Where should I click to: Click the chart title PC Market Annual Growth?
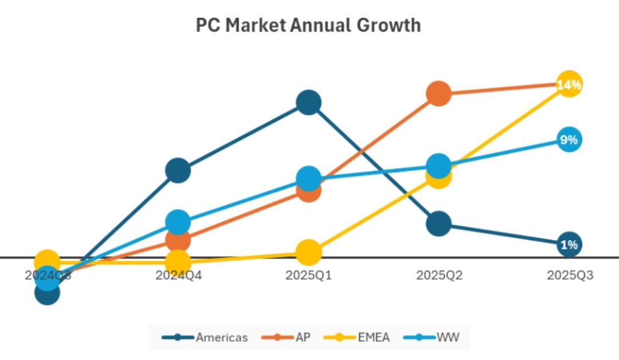[x=308, y=26]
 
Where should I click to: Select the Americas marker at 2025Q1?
[x=308, y=103]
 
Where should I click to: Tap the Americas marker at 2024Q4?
[x=178, y=170]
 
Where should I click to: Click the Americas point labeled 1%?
[x=569, y=245]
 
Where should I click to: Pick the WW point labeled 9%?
[x=569, y=140]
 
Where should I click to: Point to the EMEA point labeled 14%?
[x=569, y=85]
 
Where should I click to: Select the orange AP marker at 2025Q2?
[x=438, y=93]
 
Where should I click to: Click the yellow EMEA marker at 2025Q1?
[x=308, y=252]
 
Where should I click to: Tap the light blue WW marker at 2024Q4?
[x=178, y=222]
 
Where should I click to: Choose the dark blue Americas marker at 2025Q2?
[x=438, y=223]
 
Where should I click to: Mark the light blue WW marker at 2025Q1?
[x=308, y=179]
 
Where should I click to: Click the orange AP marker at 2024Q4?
[x=178, y=240]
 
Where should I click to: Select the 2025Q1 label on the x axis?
[x=308, y=276]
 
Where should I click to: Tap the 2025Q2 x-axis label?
[x=439, y=276]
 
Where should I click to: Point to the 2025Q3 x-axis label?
[x=570, y=276]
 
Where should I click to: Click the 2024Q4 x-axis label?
[x=178, y=276]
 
